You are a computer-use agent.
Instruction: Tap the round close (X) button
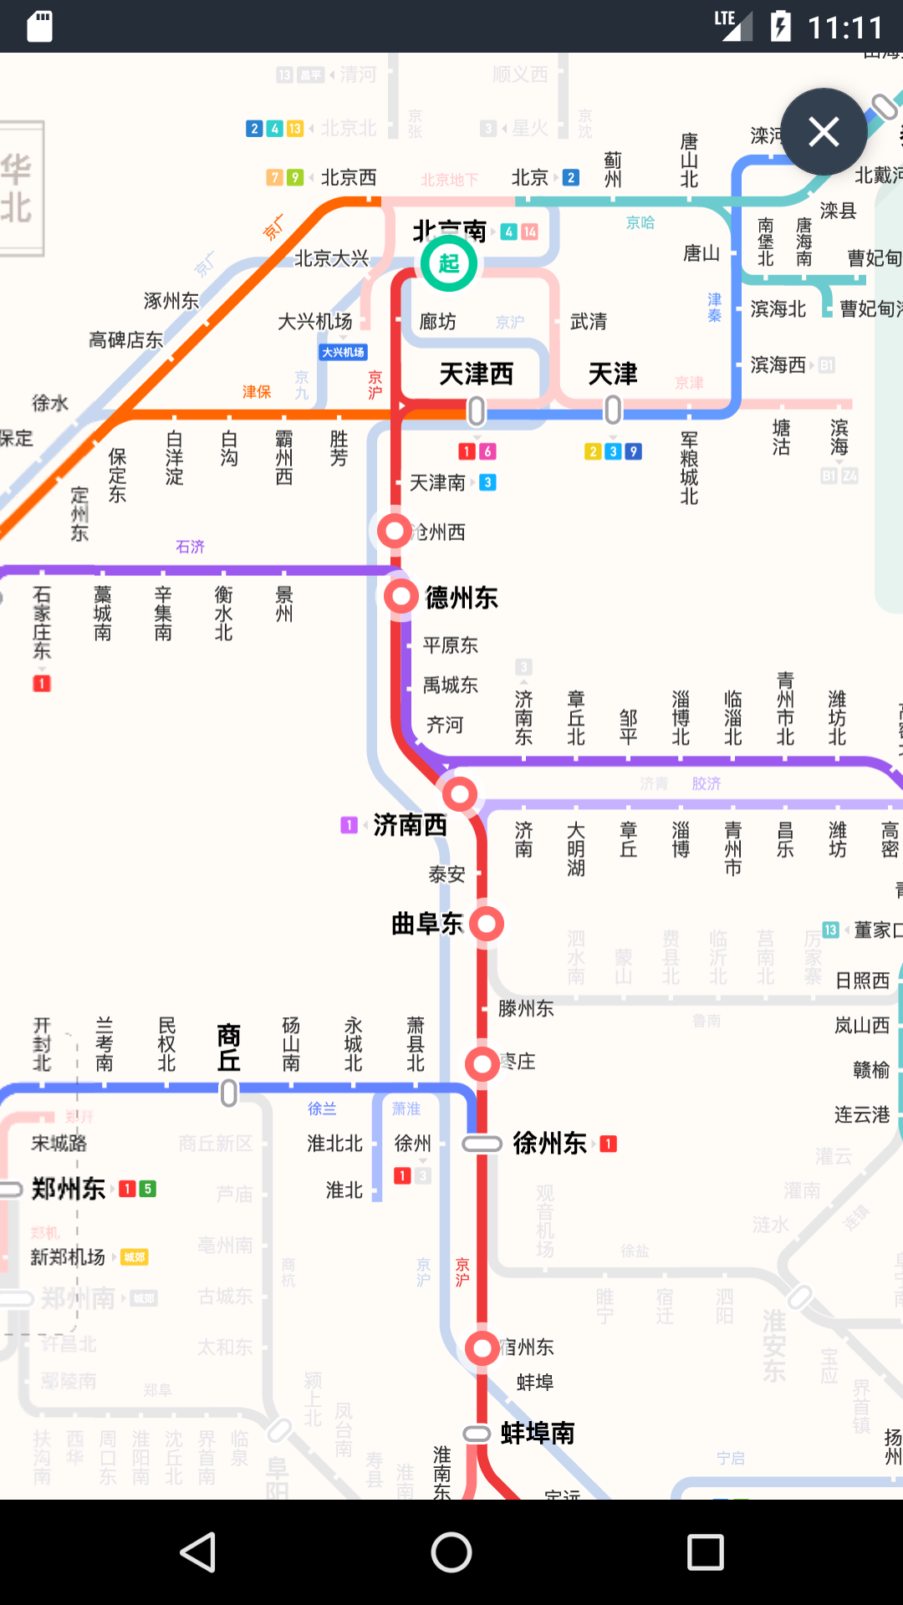click(824, 132)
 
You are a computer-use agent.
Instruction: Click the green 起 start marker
click(449, 263)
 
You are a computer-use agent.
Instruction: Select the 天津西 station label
click(476, 374)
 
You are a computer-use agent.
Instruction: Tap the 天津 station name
click(612, 374)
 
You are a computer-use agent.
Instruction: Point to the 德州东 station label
click(462, 598)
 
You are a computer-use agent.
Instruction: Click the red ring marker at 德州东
click(401, 597)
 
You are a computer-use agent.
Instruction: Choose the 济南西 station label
click(410, 825)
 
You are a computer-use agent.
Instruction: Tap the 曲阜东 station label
click(427, 924)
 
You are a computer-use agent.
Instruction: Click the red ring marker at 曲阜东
click(487, 925)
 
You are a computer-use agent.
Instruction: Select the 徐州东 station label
click(549, 1143)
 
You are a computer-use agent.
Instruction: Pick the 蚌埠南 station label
click(538, 1434)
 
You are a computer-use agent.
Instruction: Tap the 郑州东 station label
click(69, 1189)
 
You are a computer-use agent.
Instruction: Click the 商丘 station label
click(228, 1047)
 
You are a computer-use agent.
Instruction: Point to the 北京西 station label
click(349, 177)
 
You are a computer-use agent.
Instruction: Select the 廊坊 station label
click(437, 322)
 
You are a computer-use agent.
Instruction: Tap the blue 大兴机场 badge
click(344, 353)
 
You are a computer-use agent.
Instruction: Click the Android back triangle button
click(199, 1552)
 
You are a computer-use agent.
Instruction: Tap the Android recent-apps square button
click(705, 1552)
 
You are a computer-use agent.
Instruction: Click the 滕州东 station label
click(526, 1009)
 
